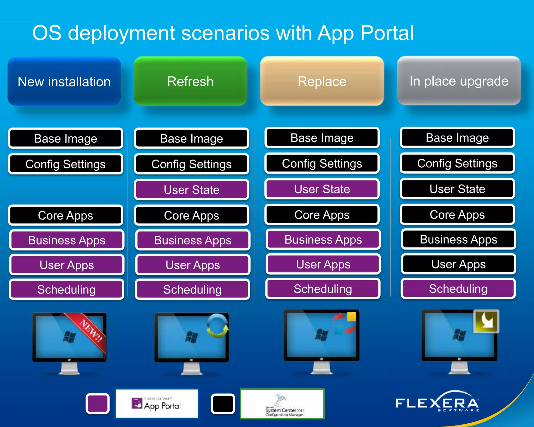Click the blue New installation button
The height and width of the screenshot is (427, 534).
64,81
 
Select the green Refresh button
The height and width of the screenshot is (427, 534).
190,81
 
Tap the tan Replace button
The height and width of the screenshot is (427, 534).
322,81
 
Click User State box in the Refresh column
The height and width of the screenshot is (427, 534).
192,190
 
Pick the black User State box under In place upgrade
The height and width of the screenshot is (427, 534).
457,189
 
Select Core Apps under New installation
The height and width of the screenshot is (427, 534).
65,215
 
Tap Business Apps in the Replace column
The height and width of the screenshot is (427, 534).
323,239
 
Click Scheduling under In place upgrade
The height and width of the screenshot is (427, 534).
458,289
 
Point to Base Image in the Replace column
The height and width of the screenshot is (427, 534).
322,138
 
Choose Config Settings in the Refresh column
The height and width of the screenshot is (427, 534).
192,164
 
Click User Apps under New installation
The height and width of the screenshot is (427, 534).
67,265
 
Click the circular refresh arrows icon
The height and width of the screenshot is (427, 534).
217,326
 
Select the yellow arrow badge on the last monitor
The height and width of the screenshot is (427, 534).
486,321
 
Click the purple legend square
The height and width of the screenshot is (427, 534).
98,403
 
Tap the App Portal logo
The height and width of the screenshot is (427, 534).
156,404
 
